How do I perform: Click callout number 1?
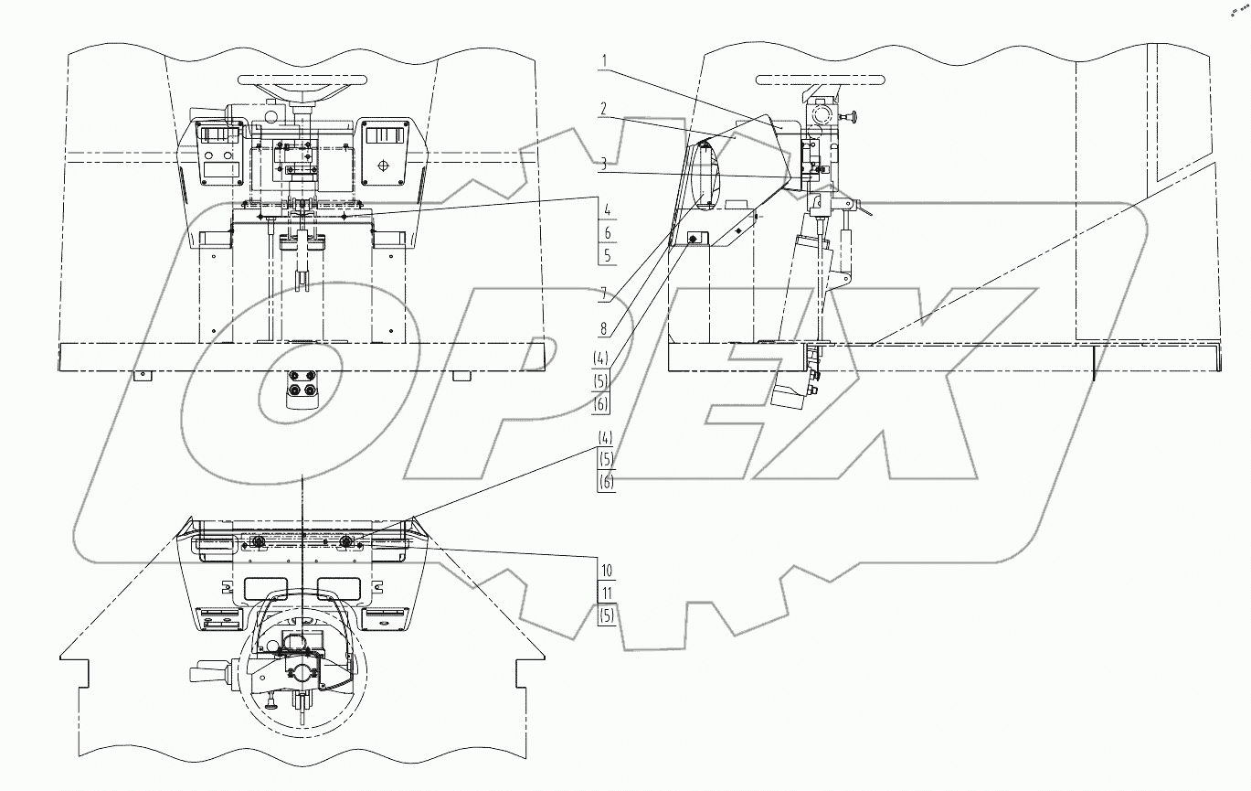pyautogui.click(x=604, y=62)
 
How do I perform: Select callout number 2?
pyautogui.click(x=604, y=108)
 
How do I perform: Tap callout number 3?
pyautogui.click(x=604, y=165)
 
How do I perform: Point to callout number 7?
pyautogui.click(x=604, y=295)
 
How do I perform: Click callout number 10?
pyautogui.click(x=607, y=569)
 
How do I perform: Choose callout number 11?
pyautogui.click(x=607, y=593)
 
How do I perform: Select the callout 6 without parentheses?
pyautogui.click(x=607, y=234)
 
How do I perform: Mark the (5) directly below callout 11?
pyautogui.click(x=607, y=616)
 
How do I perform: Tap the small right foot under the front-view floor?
pyautogui.click(x=461, y=376)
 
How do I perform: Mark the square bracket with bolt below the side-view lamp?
pyautogui.click(x=692, y=239)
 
